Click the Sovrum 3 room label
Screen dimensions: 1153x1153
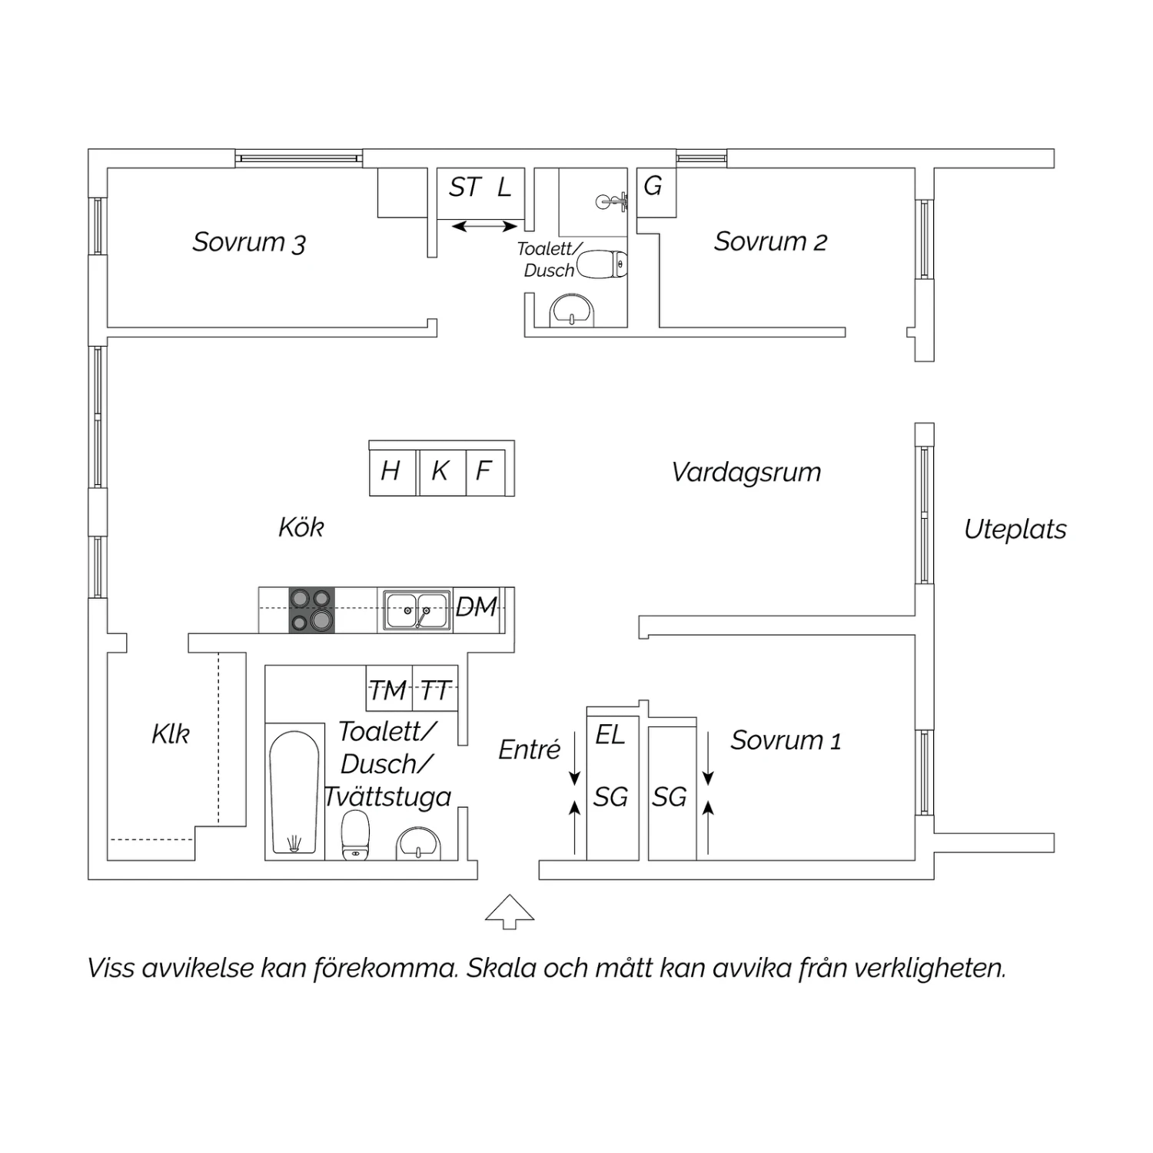[x=249, y=242]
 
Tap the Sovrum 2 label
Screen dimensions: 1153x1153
[x=770, y=241]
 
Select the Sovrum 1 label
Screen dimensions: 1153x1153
[x=786, y=740]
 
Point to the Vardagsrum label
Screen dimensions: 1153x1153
[x=746, y=472]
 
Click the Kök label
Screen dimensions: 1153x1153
[x=301, y=527]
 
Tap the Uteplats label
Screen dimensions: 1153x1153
[x=1015, y=529]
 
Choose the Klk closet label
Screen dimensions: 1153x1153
[x=171, y=734]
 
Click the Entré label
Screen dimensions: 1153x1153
[x=530, y=749]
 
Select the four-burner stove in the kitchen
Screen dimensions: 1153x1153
[x=312, y=610]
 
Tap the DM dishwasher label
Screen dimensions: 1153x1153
[x=477, y=606]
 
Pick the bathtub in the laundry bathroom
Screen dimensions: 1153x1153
[x=294, y=792]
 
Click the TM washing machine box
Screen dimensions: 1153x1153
[x=389, y=688]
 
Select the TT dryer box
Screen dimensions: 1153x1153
[x=436, y=688]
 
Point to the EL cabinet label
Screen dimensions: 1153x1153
[x=610, y=735]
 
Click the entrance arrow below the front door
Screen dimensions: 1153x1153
[x=510, y=912]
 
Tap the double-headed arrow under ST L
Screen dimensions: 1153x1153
[x=484, y=227]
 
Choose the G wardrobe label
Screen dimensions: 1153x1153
[x=653, y=185]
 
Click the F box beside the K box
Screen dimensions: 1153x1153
[x=486, y=470]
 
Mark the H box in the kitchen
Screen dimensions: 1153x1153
[x=392, y=470]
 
